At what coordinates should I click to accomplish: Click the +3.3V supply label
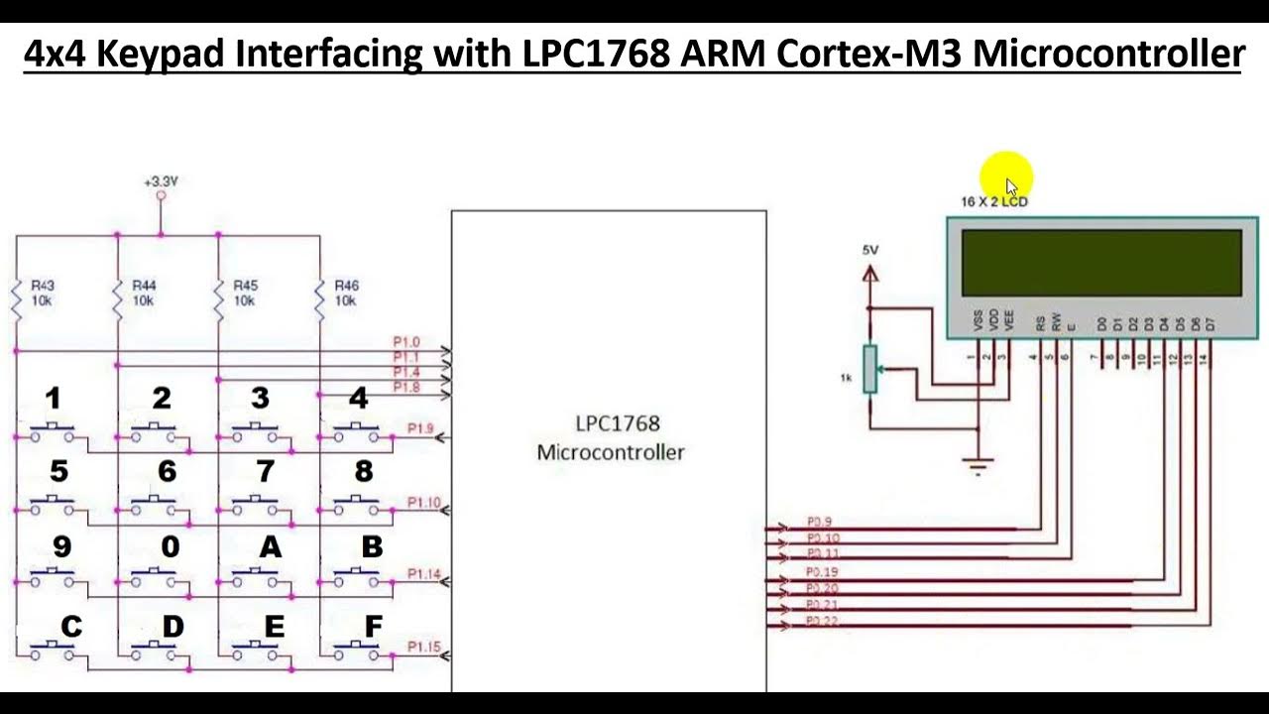(161, 181)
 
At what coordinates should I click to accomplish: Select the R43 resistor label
(43, 286)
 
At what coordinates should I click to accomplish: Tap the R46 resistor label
(345, 286)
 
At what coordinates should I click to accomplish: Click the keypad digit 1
(53, 399)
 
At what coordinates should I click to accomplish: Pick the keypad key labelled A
(269, 546)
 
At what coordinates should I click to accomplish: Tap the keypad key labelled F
(373, 627)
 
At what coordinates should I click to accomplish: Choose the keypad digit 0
(170, 546)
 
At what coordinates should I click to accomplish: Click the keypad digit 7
(265, 471)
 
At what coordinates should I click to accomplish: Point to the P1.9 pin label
(420, 428)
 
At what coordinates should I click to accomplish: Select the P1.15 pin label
(424, 647)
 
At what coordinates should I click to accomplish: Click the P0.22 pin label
(822, 620)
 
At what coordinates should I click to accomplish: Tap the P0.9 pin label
(819, 522)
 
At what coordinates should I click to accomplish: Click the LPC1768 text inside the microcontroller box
(617, 423)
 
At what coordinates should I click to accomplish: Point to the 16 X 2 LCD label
(993, 201)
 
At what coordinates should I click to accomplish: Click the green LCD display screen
(1101, 263)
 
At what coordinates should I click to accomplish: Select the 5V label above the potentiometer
(869, 250)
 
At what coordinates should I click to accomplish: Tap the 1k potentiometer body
(869, 368)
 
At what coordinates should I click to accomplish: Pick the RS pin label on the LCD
(1040, 322)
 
